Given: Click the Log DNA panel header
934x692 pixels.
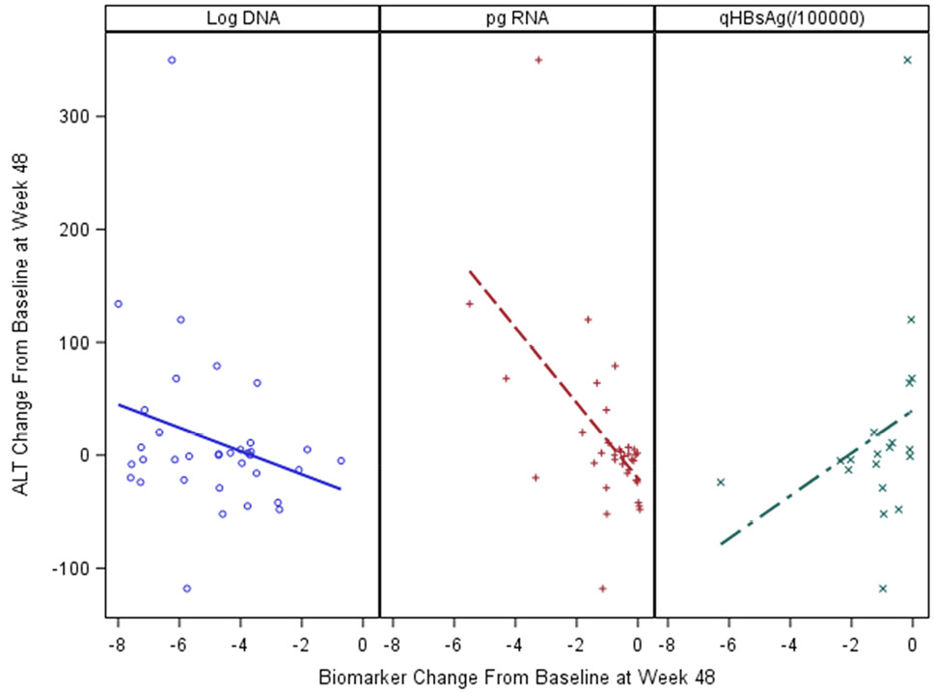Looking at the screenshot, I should click(x=243, y=17).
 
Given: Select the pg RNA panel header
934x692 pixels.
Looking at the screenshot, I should click(x=517, y=17).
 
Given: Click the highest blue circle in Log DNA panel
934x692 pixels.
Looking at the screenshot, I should click(x=172, y=60).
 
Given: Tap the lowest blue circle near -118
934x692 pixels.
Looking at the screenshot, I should click(x=187, y=588).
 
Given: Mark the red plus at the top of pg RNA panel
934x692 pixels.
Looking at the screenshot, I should click(x=538, y=60).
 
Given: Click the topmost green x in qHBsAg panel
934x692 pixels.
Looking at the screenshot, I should click(x=907, y=60).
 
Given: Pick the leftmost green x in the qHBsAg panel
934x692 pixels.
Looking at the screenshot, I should click(x=720, y=482).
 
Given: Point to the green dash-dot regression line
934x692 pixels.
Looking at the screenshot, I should click(x=815, y=478).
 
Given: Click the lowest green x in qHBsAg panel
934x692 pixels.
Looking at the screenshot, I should click(x=882, y=588).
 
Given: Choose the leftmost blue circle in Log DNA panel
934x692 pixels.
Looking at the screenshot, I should click(x=118, y=304).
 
